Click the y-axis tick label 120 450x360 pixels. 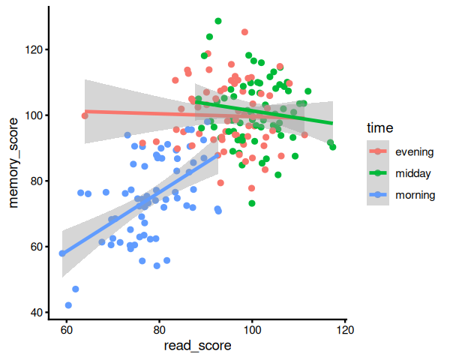(34, 50)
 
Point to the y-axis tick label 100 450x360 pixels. (34, 115)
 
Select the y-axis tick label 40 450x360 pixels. (37, 313)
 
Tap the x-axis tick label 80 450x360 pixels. (159, 330)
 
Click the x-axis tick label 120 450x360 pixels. (345, 330)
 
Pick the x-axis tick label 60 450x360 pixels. (66, 330)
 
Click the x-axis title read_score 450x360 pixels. (198, 346)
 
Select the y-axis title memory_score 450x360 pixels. (13, 163)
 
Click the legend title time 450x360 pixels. (380, 128)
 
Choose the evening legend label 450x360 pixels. (415, 151)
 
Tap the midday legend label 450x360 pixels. (413, 173)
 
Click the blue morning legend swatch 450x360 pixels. (378, 195)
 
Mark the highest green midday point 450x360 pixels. (218, 21)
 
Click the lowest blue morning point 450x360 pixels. (68, 305)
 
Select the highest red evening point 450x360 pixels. (244, 31)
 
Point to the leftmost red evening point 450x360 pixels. (85, 115)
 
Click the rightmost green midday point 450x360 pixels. (332, 147)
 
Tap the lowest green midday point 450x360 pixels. (252, 203)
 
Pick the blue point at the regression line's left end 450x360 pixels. (62, 253)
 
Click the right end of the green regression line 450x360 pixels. (332, 123)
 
